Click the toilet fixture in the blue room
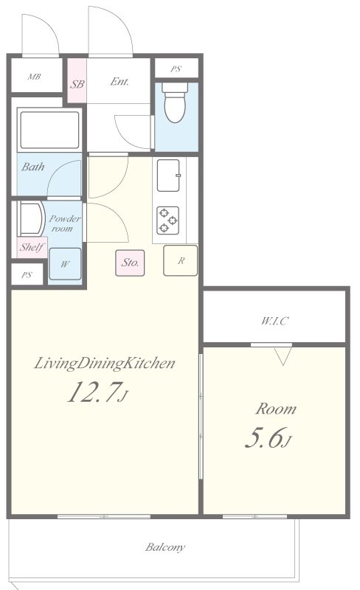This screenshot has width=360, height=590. (175, 102)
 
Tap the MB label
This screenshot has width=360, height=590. (34, 77)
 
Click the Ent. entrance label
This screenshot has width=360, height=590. (120, 81)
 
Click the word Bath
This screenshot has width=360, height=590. (32, 167)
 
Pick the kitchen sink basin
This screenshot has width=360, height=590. (168, 176)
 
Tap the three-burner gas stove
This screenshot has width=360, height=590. (168, 220)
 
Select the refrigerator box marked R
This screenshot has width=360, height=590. (181, 260)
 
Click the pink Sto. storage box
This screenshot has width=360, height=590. (130, 263)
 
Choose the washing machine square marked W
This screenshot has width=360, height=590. (65, 264)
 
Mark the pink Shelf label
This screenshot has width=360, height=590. (32, 247)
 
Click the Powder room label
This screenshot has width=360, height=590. (64, 223)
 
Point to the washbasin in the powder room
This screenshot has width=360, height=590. (31, 219)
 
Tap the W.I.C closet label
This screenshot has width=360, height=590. (274, 321)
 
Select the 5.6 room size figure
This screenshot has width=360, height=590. (269, 438)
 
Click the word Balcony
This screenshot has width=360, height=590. (165, 546)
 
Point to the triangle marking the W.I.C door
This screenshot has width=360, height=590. (283, 356)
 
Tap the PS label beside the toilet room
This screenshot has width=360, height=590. (176, 69)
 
